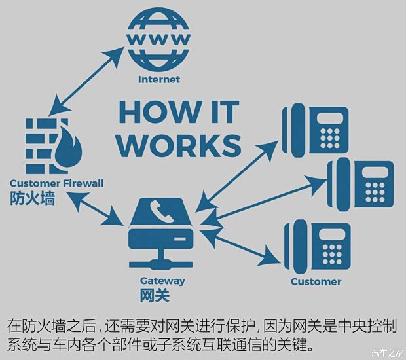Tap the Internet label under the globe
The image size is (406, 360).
pos(158,80)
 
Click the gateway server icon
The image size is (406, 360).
pos(162,232)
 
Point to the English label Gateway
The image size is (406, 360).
pos(162,281)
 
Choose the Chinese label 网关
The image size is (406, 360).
pos(155,296)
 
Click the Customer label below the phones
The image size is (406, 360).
pos(316,281)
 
